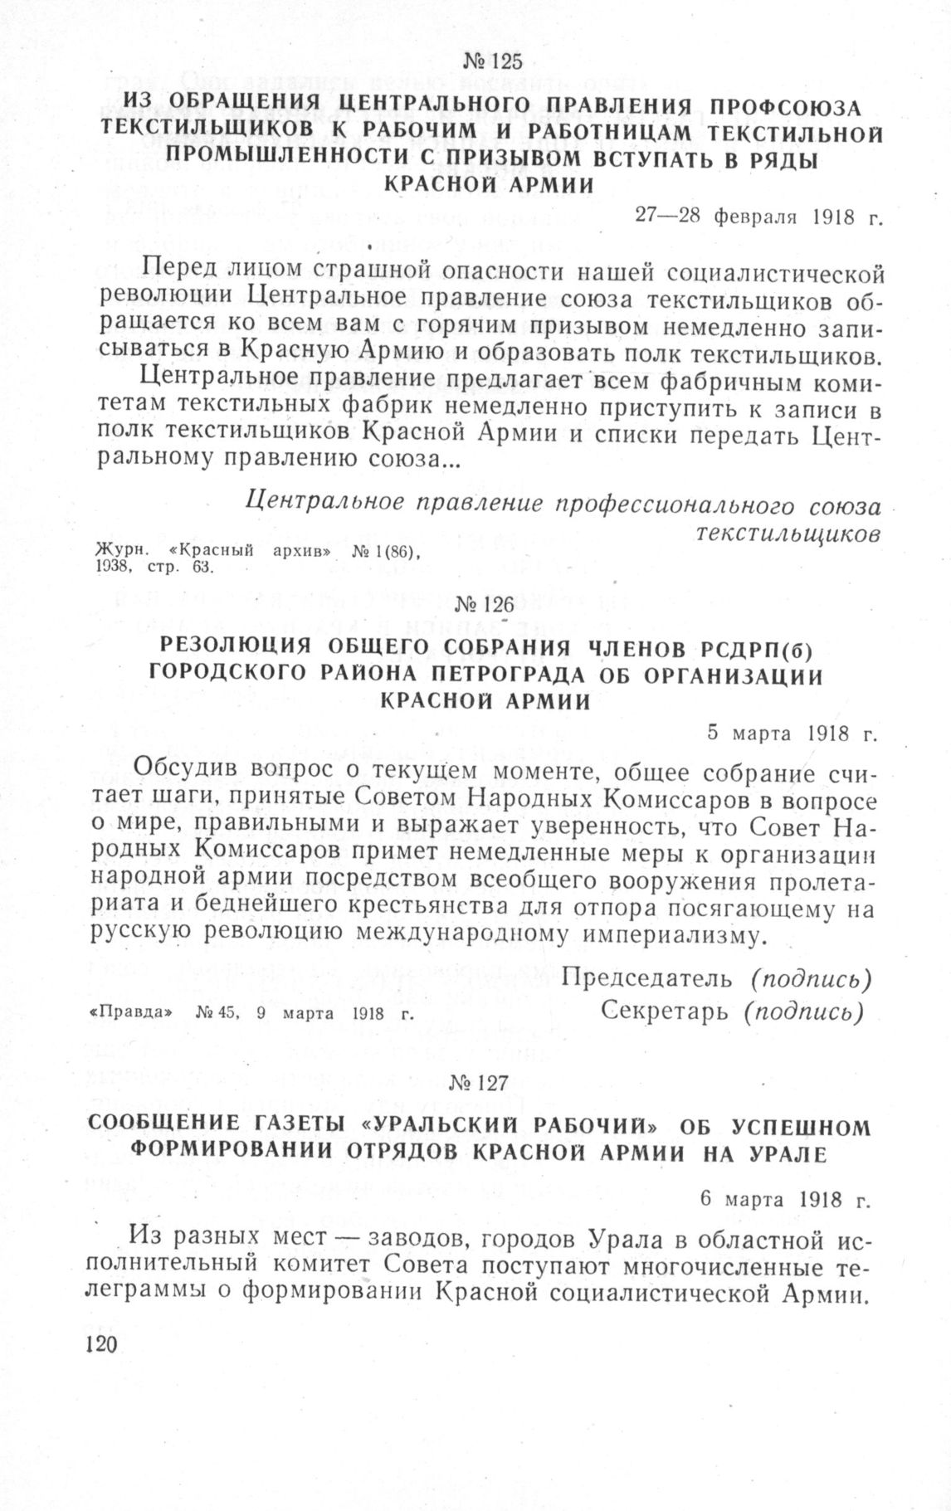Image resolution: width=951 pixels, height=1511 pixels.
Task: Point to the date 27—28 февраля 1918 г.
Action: [758, 217]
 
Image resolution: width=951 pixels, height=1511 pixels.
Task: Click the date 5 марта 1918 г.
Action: [792, 734]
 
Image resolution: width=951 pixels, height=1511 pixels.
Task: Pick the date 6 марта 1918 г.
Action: [784, 1201]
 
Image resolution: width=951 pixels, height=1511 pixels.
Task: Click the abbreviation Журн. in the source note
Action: [120, 552]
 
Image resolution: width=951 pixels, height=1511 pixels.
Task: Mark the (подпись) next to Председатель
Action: [811, 979]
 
